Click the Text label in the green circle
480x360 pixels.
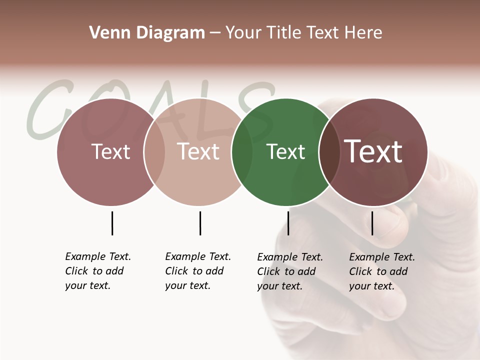tap(285, 152)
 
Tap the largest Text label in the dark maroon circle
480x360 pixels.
tap(373, 151)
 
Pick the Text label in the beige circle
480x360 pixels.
tap(198, 151)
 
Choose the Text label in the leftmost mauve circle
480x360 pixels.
tap(111, 151)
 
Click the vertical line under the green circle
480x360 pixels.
tap(288, 223)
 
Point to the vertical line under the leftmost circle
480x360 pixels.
tap(112, 223)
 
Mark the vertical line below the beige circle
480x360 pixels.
tap(200, 223)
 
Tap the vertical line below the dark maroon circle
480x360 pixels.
tap(372, 223)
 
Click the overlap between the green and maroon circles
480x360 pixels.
tap(329, 152)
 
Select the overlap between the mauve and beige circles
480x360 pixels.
tap(154, 152)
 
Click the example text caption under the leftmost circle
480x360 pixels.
tap(98, 271)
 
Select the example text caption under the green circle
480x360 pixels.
tap(290, 271)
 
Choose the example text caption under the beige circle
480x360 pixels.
tap(198, 271)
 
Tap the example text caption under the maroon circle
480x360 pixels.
tap(382, 271)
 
